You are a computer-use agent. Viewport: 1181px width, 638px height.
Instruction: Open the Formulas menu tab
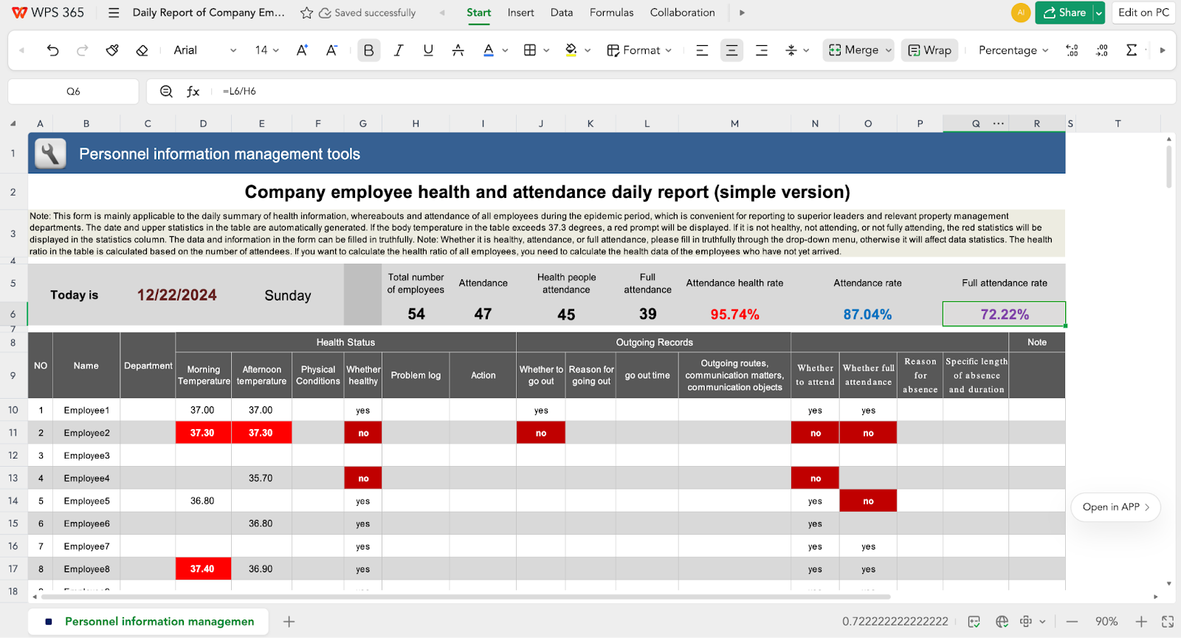[x=611, y=13]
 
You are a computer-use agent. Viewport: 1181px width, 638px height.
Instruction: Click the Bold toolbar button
[x=369, y=50]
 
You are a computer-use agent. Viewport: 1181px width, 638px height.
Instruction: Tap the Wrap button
[x=929, y=50]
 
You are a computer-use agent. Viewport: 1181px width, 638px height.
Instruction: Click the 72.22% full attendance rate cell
[x=1004, y=314]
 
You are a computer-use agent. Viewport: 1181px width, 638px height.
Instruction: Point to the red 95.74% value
[x=734, y=315]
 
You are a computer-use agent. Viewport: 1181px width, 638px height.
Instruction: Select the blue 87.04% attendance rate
[x=867, y=315]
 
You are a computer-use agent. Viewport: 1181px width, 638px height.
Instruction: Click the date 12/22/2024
[x=177, y=295]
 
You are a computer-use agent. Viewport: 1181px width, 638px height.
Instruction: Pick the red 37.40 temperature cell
[x=202, y=569]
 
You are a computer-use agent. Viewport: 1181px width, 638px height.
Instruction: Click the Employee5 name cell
[x=86, y=501]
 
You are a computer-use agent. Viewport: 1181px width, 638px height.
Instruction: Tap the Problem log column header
[x=416, y=375]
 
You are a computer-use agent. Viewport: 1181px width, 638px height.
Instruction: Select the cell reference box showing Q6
[x=73, y=92]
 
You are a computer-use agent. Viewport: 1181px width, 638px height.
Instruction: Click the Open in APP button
[x=1115, y=507]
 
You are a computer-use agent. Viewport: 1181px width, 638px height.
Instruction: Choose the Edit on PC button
[x=1143, y=13]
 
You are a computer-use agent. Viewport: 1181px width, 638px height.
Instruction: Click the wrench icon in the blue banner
[x=50, y=154]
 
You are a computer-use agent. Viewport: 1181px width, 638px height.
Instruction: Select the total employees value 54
[x=416, y=314]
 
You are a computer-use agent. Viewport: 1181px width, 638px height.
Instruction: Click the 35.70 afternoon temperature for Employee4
[x=261, y=478]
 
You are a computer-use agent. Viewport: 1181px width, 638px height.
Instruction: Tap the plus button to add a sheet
[x=289, y=622]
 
